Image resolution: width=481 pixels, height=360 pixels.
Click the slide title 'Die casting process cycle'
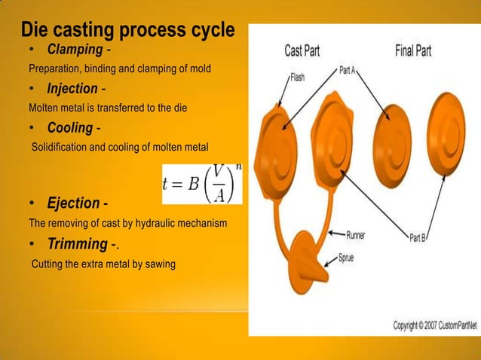click(x=127, y=31)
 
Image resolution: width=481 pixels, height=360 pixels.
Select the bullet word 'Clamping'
click(x=75, y=50)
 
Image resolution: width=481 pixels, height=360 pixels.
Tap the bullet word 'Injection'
click(x=72, y=89)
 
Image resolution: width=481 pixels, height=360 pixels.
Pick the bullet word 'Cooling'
click(x=69, y=127)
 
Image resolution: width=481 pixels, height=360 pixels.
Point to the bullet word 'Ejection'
click(x=73, y=203)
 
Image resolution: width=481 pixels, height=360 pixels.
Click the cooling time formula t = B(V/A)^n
click(x=202, y=183)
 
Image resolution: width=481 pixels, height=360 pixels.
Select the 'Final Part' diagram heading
click(x=412, y=50)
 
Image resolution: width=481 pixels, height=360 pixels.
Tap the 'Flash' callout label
click(x=297, y=77)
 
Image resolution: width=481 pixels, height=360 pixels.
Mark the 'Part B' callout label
click(x=418, y=236)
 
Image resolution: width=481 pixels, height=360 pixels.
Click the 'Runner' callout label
click(x=356, y=235)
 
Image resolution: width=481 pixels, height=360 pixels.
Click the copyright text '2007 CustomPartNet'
click(x=448, y=325)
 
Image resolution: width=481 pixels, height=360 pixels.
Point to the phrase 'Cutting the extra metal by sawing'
click(x=103, y=264)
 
